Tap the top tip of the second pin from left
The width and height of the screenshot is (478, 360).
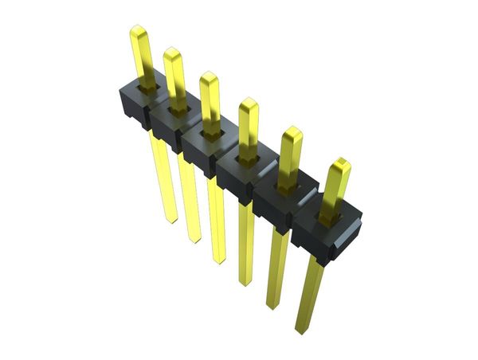pos(172,52)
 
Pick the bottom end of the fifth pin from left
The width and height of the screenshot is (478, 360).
pos(273,307)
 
